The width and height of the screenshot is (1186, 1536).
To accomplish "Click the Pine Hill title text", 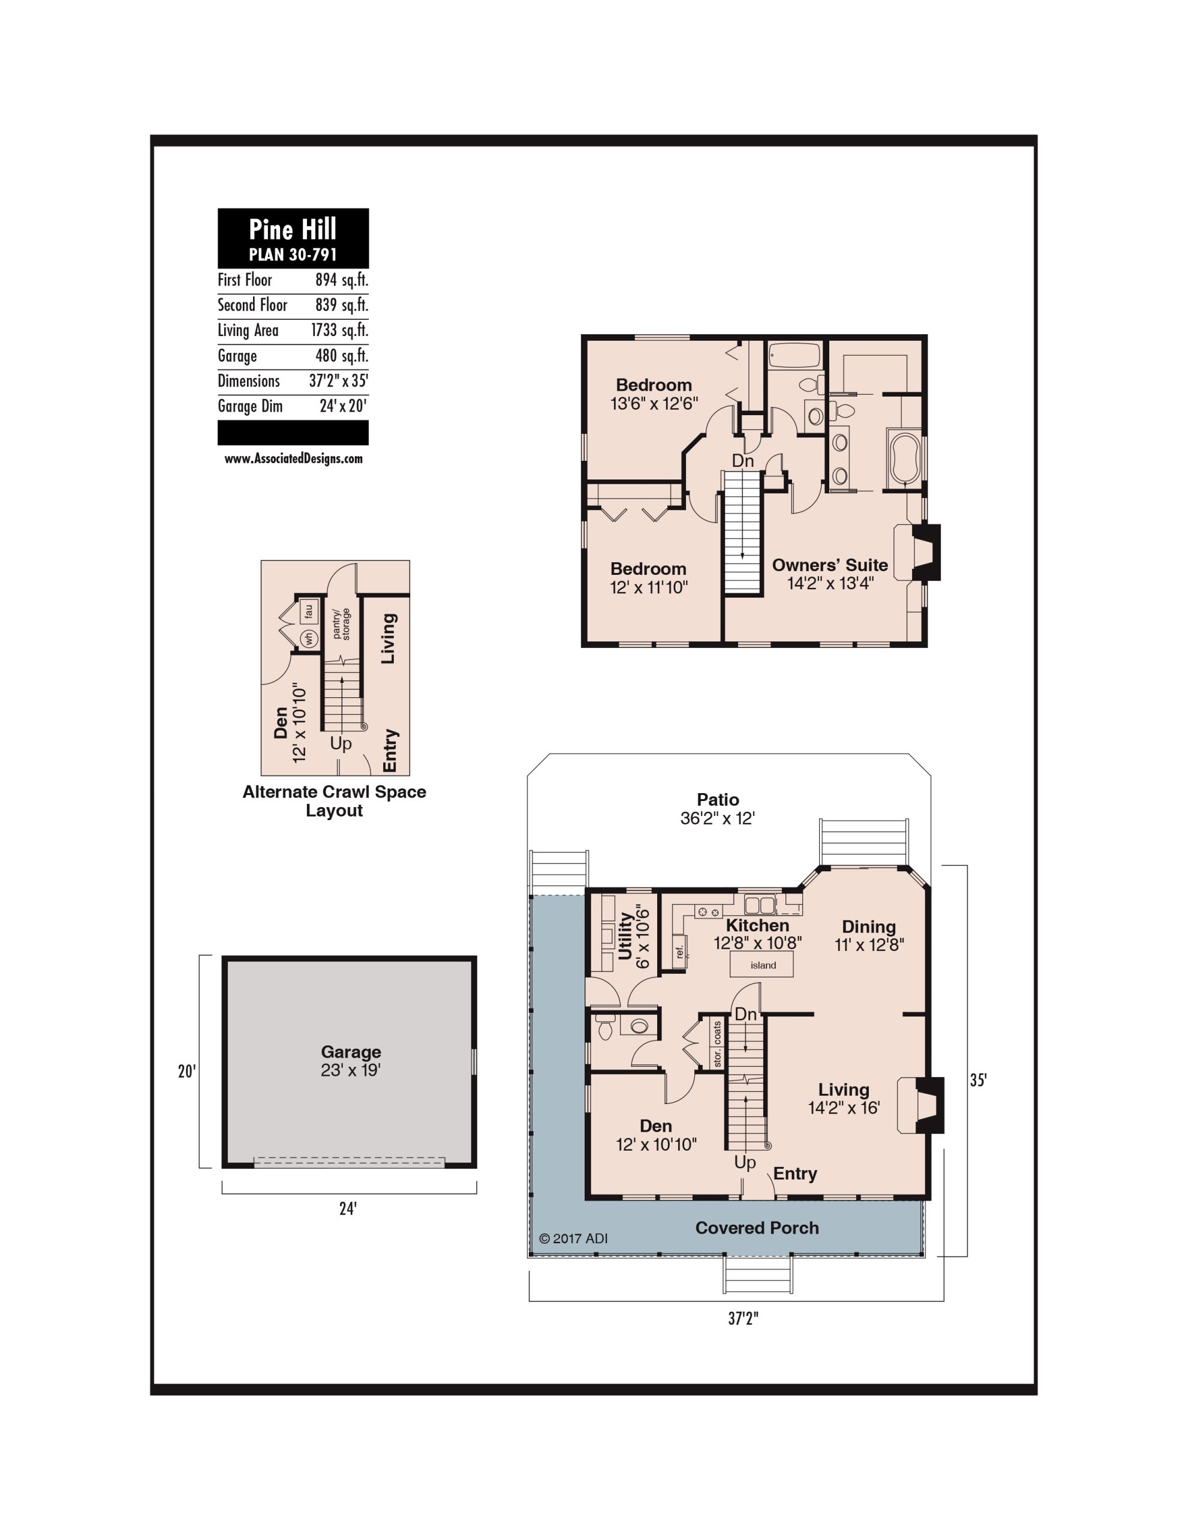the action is click(293, 229).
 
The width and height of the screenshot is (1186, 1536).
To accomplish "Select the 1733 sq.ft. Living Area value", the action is click(339, 331).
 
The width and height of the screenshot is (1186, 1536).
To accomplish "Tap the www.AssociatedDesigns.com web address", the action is click(293, 458).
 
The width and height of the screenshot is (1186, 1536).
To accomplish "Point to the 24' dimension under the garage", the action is click(348, 1208).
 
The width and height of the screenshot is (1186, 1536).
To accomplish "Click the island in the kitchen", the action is click(763, 965).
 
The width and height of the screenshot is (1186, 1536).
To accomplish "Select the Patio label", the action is click(718, 799).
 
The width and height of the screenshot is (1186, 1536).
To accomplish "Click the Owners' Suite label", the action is click(830, 565).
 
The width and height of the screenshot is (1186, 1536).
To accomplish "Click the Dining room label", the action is click(869, 926).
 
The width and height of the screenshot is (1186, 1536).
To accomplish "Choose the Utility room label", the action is click(625, 935).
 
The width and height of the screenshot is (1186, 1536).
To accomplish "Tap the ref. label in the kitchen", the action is click(679, 952).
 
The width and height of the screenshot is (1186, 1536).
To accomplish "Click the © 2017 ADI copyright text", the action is click(573, 1238).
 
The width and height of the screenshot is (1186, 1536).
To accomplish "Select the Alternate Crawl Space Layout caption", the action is click(334, 800).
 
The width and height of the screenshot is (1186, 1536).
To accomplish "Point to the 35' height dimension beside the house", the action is click(978, 1079).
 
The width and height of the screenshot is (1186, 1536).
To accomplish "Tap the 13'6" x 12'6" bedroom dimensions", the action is click(654, 403).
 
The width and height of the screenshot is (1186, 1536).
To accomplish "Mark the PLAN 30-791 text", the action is click(293, 254).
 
